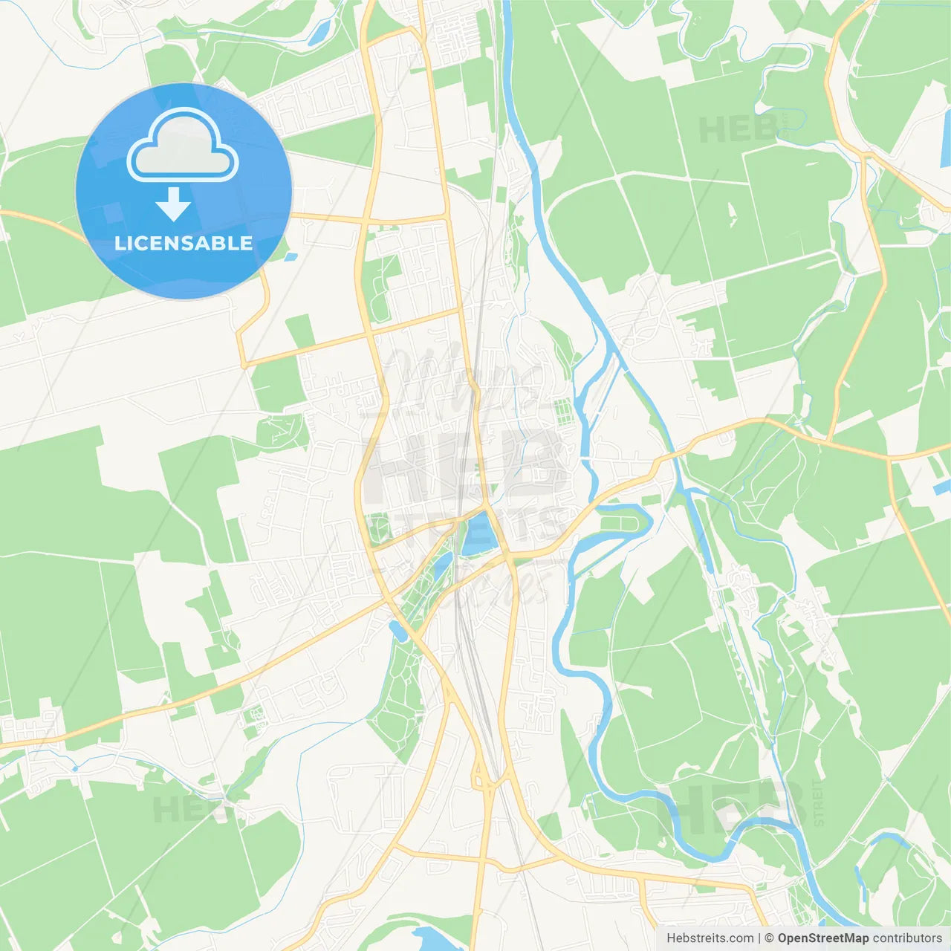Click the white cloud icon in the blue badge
coord(183,144)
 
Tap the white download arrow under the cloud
coord(173,204)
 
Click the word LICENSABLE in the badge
coord(184,243)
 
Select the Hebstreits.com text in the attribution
coord(710,938)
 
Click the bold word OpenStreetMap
coord(822,938)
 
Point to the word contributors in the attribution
coord(907,938)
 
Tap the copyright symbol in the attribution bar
coord(770,938)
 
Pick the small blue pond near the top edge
coord(319,32)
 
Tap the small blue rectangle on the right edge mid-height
coord(941,487)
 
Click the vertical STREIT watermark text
coord(818,803)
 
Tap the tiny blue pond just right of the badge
coord(291,257)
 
